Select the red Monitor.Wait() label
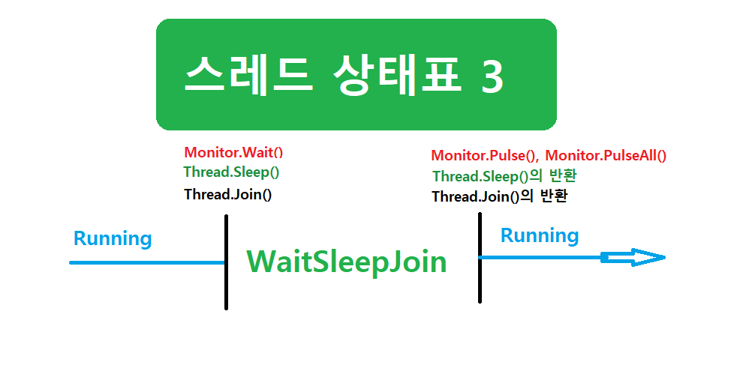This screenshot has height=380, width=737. tap(233, 153)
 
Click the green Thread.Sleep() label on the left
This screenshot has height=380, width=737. tap(231, 172)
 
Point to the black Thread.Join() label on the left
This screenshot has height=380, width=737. tap(227, 194)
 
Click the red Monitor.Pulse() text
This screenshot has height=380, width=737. tap(485, 156)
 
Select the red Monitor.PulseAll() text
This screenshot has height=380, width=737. tap(606, 156)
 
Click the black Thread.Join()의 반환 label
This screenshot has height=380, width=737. tap(499, 196)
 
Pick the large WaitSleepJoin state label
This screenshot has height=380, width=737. tap(347, 262)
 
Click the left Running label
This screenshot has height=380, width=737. tap(113, 239)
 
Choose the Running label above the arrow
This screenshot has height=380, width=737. tap(540, 236)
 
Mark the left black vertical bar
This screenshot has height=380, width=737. tap(226, 262)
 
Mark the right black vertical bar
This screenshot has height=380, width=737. tap(480, 257)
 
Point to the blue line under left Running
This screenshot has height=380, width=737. tap(147, 262)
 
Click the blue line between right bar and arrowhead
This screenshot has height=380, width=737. tap(540, 258)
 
